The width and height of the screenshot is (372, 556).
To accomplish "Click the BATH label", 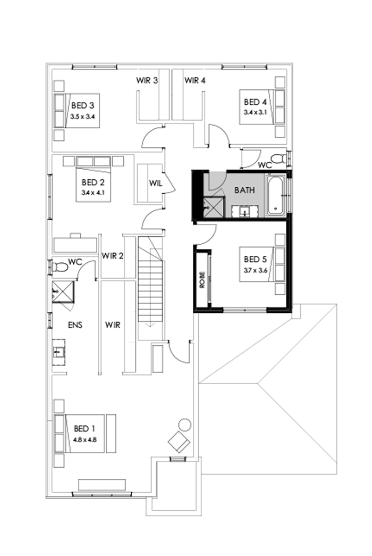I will coord(245,189).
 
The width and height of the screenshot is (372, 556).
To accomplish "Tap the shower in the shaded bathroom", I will coord(214,207).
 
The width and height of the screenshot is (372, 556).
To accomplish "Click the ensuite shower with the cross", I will coord(62,292).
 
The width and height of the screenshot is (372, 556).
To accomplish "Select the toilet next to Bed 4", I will coord(277,158).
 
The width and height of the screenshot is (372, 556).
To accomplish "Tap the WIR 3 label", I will coord(147,81).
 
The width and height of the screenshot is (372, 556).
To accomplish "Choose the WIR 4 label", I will coord(195,81).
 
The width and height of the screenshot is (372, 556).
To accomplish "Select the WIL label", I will coord(155,184).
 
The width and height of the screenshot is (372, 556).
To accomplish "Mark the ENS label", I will coord(74,324).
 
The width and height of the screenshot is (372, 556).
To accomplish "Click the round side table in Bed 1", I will coord(184,425).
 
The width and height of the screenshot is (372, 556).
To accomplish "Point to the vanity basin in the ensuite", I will coord(58,352).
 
